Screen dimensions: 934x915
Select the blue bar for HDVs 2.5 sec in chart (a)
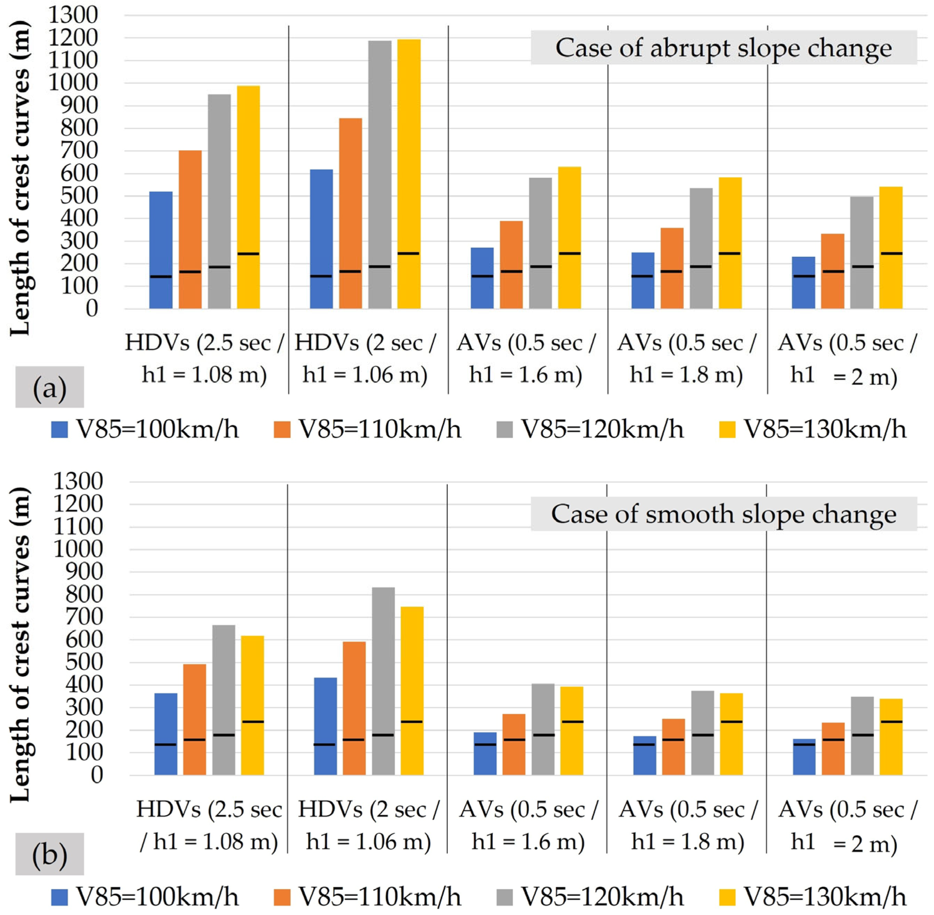[161, 250]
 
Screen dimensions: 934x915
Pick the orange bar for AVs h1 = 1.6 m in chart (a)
[511, 265]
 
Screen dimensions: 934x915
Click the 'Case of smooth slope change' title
[723, 514]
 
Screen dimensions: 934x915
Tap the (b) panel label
[50, 854]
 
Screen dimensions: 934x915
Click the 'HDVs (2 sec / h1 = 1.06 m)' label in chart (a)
[365, 359]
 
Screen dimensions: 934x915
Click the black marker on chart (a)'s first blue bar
[161, 276]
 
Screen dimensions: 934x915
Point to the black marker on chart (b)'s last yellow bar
[891, 722]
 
